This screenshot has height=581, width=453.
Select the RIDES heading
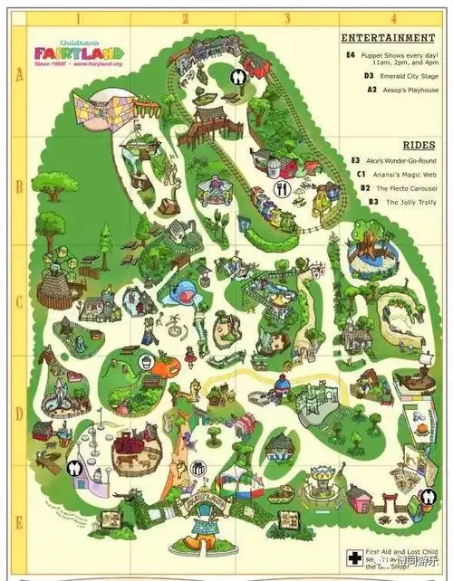[418, 145]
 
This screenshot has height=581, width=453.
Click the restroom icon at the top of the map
[237, 78]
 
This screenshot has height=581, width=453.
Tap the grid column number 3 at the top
[287, 18]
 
